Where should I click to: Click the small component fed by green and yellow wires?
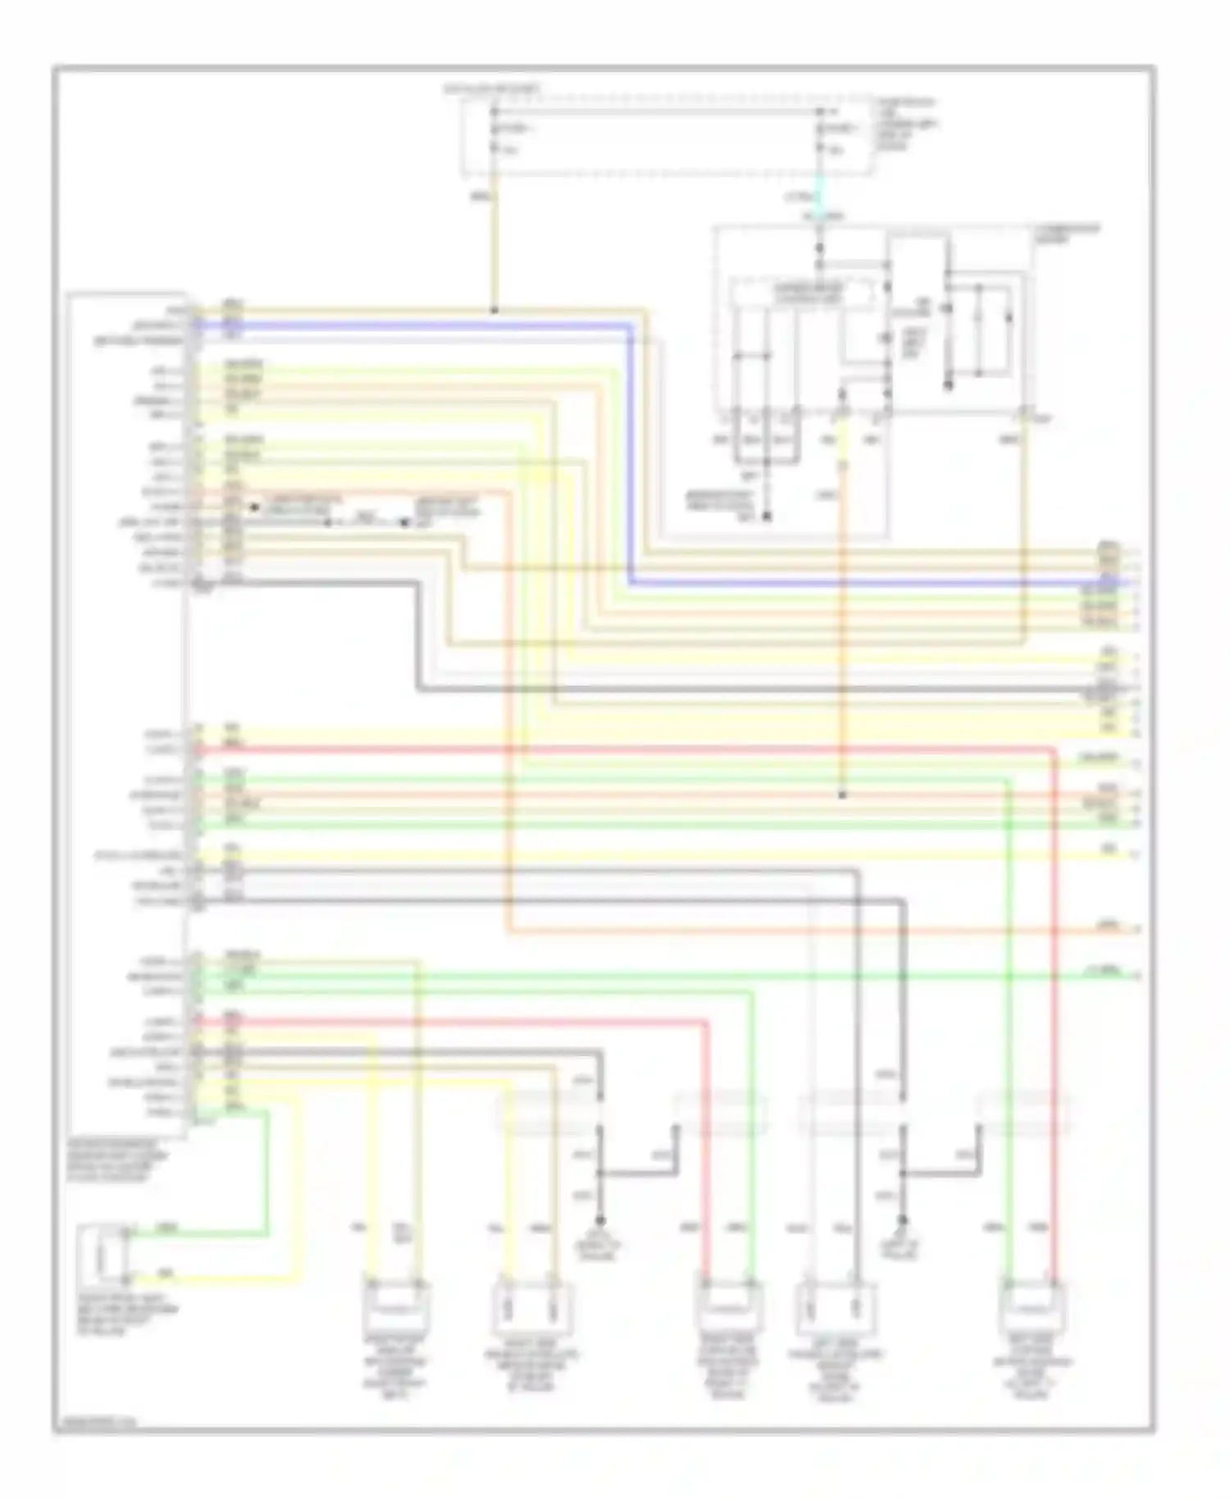(x=102, y=1255)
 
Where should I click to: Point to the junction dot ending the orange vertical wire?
(x=842, y=795)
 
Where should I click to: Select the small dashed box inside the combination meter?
(x=801, y=291)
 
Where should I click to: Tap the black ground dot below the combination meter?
(x=767, y=517)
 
